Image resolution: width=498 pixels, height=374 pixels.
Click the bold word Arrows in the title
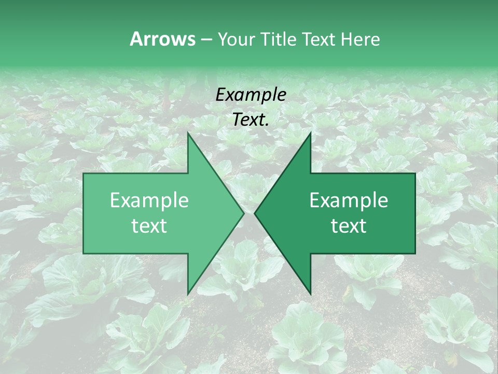162,39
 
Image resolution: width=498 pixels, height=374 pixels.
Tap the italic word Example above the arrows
251,95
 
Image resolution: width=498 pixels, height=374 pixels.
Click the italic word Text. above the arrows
251,120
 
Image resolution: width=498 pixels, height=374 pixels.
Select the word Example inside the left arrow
149,201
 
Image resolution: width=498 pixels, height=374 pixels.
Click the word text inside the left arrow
149,226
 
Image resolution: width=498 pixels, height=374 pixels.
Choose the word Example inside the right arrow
349,201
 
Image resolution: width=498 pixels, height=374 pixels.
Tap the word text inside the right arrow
349,226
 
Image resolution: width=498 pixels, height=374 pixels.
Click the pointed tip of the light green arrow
244,213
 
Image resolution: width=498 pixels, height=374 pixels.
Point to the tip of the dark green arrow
255,213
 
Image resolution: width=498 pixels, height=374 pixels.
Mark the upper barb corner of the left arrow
188,132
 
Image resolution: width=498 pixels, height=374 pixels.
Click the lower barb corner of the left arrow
188,294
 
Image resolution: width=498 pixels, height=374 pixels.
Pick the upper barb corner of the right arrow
310,132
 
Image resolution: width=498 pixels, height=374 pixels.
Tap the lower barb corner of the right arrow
310,294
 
